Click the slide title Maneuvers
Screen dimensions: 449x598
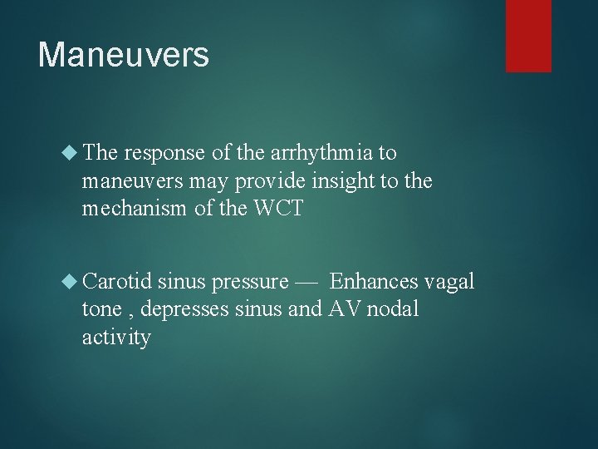point(123,56)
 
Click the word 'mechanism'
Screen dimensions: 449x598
point(133,208)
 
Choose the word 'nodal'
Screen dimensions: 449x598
point(395,308)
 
